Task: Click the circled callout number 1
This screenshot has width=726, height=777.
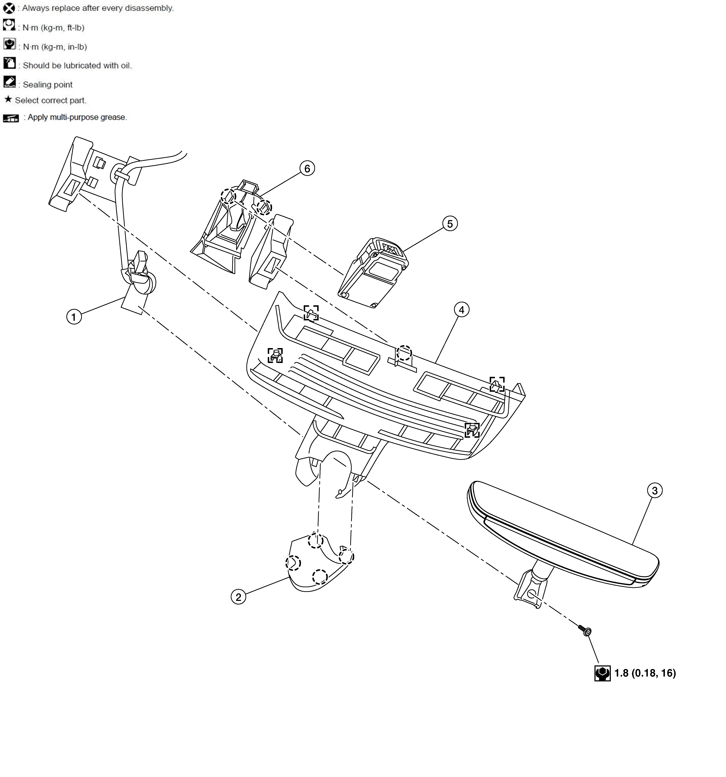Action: [x=74, y=317]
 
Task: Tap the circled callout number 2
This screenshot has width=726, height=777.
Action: [x=238, y=597]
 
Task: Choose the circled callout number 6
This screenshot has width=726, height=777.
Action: [x=307, y=168]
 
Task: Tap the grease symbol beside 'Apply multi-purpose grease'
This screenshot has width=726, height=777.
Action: [x=11, y=118]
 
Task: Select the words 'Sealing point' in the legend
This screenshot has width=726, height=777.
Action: [x=48, y=84]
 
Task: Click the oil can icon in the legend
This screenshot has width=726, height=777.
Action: [x=9, y=63]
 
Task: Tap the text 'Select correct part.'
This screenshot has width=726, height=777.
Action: [x=50, y=100]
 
